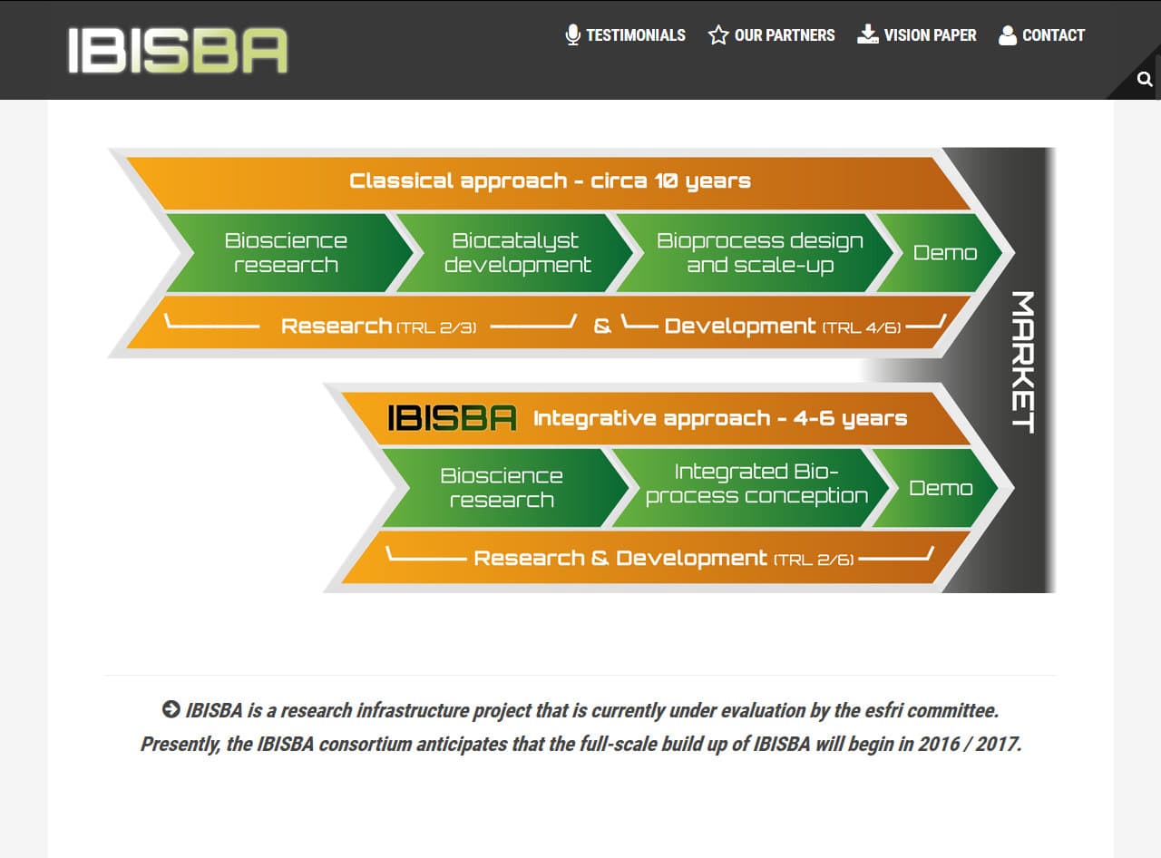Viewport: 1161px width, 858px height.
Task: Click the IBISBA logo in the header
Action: point(178,50)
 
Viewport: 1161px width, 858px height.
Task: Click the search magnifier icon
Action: point(1145,79)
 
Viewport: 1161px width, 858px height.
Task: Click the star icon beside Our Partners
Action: point(718,35)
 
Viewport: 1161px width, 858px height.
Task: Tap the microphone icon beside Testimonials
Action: point(573,35)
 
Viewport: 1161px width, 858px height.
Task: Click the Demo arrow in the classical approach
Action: point(940,253)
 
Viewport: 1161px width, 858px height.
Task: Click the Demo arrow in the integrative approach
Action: point(936,488)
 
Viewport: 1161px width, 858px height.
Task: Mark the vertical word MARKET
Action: point(1023,362)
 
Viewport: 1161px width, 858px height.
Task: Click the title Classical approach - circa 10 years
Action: point(551,181)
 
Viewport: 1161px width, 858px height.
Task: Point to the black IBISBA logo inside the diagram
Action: point(452,418)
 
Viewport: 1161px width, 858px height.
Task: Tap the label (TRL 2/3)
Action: point(436,327)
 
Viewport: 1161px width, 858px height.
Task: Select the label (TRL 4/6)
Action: point(862,327)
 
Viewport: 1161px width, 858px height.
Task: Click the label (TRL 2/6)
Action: point(814,560)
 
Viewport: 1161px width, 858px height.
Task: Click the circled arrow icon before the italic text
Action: point(171,709)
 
